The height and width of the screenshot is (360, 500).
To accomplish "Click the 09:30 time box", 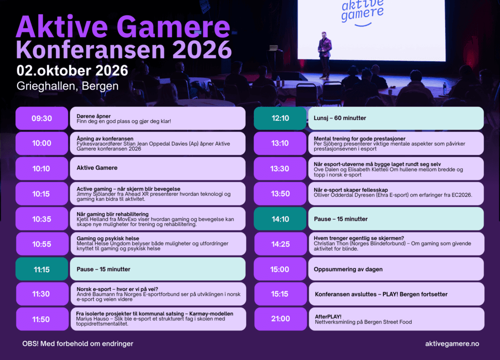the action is click(x=42, y=118).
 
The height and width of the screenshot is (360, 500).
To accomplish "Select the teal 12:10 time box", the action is click(x=280, y=118).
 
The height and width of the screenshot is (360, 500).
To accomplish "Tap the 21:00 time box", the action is click(x=280, y=319).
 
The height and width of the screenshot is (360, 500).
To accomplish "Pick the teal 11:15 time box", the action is click(x=42, y=269).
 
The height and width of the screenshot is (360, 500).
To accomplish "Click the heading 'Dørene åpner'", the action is click(x=94, y=116).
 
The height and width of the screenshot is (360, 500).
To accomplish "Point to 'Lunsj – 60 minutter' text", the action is click(x=340, y=118).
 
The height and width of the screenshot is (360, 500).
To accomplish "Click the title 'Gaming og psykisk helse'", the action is click(x=108, y=238).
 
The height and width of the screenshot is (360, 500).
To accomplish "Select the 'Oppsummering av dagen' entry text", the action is click(x=348, y=269).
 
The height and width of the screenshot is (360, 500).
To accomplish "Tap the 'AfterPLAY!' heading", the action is click(x=328, y=317).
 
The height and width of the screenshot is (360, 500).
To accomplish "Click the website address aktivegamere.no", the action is click(x=452, y=344).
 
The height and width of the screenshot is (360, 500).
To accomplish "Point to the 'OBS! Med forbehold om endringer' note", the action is click(x=78, y=344).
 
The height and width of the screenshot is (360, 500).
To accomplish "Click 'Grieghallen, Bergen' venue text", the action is click(x=68, y=86).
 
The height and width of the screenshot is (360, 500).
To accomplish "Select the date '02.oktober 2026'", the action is click(x=73, y=71).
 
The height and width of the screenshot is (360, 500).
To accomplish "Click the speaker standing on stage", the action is click(x=325, y=55).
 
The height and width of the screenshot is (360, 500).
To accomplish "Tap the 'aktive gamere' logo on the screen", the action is click(x=362, y=12).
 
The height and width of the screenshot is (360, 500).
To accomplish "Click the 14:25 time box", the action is click(x=280, y=244).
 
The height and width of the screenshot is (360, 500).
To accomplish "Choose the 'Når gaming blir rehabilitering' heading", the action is click(x=113, y=214).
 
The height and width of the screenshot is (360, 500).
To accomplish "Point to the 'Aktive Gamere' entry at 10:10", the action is click(x=97, y=168).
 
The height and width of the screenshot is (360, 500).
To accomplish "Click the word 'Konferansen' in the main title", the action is click(x=90, y=50).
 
